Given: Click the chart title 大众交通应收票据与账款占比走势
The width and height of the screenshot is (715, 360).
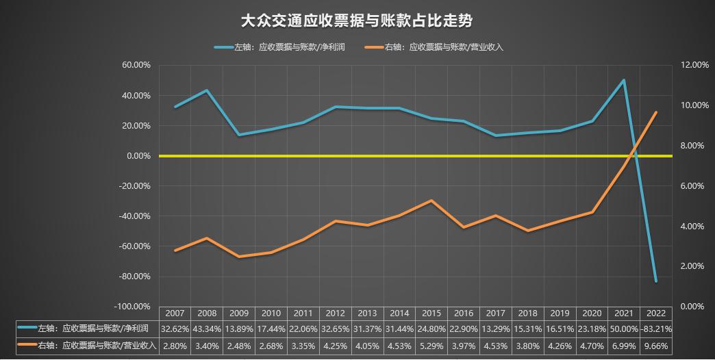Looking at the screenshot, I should tap(357, 21).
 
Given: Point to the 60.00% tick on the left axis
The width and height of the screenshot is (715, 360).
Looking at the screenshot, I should tap(136, 65).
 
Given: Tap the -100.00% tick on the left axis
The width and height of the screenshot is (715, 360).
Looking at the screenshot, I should tap(134, 307).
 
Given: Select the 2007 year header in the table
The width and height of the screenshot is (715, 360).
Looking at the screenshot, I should tap(175, 313).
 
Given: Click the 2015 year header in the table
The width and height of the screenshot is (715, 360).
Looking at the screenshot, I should tap(431, 313).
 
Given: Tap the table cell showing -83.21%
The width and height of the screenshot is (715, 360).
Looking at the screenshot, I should tap(656, 329).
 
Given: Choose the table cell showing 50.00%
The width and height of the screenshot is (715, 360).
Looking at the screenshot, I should tap(624, 329).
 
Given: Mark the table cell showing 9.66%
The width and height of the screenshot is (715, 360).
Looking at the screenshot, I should tap(656, 346).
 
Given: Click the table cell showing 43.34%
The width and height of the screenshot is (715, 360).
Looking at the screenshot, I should tap(207, 329).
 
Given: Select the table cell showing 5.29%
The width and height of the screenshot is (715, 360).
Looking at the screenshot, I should tap(431, 346).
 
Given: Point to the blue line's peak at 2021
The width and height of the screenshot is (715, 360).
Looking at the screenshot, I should tap(624, 80).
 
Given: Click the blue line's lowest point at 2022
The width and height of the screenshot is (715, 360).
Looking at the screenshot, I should tap(656, 281).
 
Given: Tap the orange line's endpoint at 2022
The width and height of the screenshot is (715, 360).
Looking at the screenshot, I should tap(656, 112).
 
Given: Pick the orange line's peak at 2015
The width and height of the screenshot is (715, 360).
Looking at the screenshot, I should tap(431, 201).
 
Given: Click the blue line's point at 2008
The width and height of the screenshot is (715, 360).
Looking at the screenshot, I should tap(207, 90).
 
